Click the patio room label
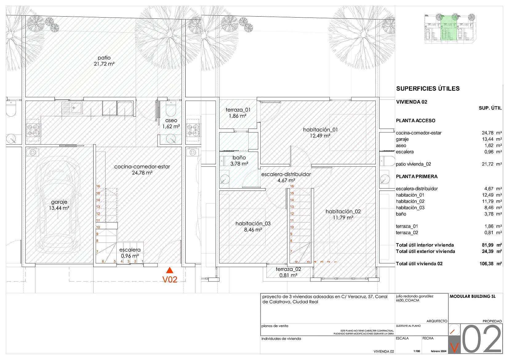tap(104, 58)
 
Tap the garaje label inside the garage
tap(59, 202)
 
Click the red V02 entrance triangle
tap(170, 270)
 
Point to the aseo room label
tap(171, 120)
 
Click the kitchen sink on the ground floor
tap(72, 108)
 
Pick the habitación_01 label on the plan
tap(320, 130)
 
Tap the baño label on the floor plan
tap(239, 158)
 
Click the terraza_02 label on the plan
tap(288, 269)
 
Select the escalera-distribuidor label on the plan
tap(286, 174)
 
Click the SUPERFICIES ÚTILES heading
tap(428, 89)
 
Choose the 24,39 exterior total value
tap(487, 251)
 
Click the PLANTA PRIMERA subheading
tap(417, 177)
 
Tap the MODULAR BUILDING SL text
tap(472, 296)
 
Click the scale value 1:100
tap(417, 351)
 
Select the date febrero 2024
tap(439, 351)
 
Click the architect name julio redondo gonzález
tap(415, 296)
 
